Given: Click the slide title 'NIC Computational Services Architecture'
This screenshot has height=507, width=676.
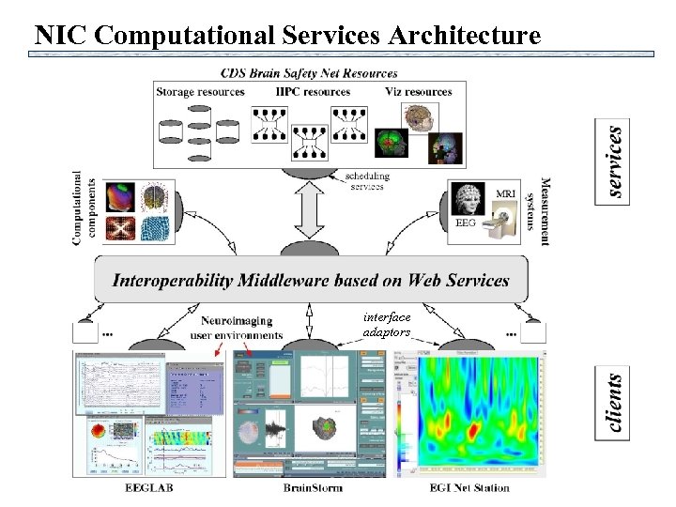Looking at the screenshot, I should [x=287, y=36].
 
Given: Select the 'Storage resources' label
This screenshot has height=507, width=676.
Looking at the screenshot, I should [x=200, y=92].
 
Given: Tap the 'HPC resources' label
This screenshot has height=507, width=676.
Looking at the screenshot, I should [x=314, y=92].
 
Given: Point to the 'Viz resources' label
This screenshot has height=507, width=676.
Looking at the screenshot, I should [x=416, y=92].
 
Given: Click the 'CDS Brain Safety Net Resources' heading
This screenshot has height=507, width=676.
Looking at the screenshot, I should [x=310, y=72].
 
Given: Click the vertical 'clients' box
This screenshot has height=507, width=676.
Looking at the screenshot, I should [x=614, y=403].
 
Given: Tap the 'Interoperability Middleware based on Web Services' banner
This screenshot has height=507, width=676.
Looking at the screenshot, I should [x=311, y=280].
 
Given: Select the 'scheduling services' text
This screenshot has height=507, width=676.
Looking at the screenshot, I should [x=366, y=181].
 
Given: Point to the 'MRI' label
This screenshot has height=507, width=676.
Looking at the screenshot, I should [x=504, y=193].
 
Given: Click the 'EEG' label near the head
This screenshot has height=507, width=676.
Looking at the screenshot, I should [x=466, y=223].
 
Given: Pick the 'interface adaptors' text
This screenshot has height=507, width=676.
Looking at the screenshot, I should [x=387, y=325].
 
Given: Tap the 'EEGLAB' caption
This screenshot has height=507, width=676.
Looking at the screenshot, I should [x=149, y=488].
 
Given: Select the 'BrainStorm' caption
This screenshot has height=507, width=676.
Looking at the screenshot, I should [x=313, y=488].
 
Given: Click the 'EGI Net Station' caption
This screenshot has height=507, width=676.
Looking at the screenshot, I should [x=469, y=488].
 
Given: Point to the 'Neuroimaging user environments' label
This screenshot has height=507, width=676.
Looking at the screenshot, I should [x=237, y=328].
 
